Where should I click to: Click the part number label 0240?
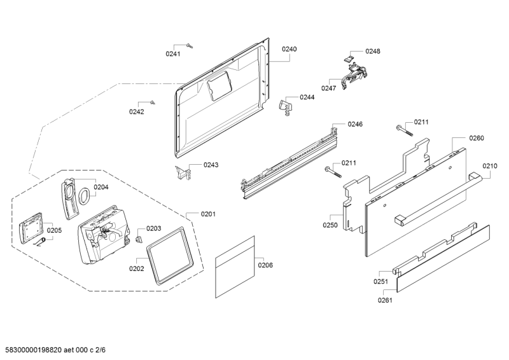point(289,49)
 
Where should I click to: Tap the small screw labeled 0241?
point(190,46)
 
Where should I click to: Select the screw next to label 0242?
point(153,102)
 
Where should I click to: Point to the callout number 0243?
point(211,165)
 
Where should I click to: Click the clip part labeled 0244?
point(284,107)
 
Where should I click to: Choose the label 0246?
point(355,124)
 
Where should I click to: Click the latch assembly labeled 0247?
point(354,76)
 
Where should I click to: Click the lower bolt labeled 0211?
point(333,172)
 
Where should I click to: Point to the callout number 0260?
point(477,138)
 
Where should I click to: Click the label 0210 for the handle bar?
point(489,166)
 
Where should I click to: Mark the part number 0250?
point(330,225)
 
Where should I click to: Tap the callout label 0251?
point(380,281)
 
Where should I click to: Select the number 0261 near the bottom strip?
point(385,300)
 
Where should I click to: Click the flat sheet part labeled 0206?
point(235,267)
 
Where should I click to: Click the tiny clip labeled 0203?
point(139,239)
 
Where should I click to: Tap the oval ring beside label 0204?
point(84,197)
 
